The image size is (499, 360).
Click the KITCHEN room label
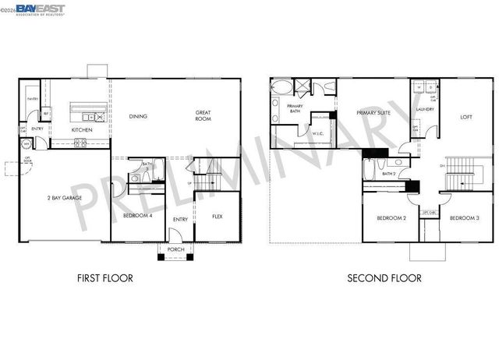[x=82, y=130]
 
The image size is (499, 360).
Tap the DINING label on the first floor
[x=138, y=116]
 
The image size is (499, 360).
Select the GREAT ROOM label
[x=203, y=117]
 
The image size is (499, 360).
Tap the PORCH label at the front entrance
[x=175, y=249]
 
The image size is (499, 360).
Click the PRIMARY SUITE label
[x=373, y=113]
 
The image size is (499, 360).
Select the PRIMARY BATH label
[x=295, y=109]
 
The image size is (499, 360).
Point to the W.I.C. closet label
[x=318, y=133]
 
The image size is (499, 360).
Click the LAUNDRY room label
[x=425, y=110]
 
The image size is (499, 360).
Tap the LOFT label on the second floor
[x=466, y=117]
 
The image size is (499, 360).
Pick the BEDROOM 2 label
[x=391, y=217]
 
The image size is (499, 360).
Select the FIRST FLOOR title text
[x=105, y=277]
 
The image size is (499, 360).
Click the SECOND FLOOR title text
[x=384, y=277]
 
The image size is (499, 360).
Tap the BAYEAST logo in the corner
[x=39, y=9]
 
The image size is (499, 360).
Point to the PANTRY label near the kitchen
[x=33, y=99]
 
